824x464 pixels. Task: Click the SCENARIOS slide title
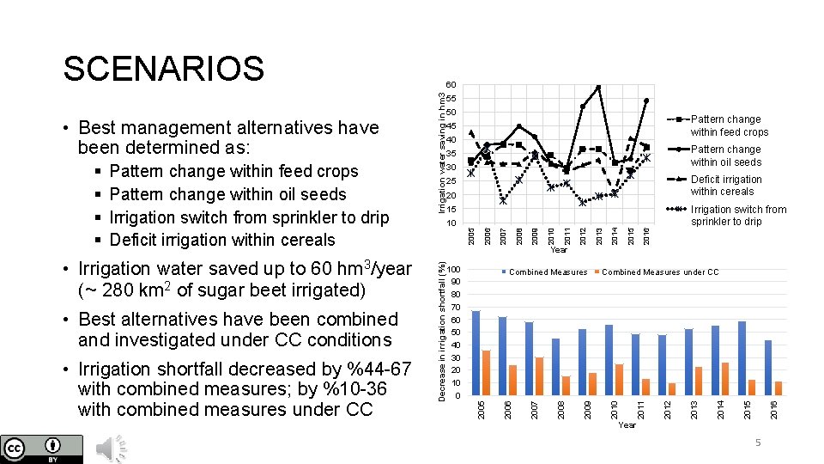click(163, 69)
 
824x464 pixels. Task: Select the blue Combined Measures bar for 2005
click(476, 353)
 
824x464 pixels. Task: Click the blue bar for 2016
click(768, 368)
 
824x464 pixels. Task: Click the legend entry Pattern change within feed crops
click(729, 125)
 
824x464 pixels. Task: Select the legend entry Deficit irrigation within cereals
click(725, 186)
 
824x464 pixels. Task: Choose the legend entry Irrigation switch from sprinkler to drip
click(737, 215)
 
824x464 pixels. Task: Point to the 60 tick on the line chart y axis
click(451, 84)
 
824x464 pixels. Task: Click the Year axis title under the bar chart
click(627, 424)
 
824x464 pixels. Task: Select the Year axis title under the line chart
click(559, 250)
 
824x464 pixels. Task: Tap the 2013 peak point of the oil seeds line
click(597, 88)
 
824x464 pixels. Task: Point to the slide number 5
click(758, 442)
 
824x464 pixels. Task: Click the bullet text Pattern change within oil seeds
click(227, 194)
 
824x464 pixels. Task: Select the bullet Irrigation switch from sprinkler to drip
click(249, 217)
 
